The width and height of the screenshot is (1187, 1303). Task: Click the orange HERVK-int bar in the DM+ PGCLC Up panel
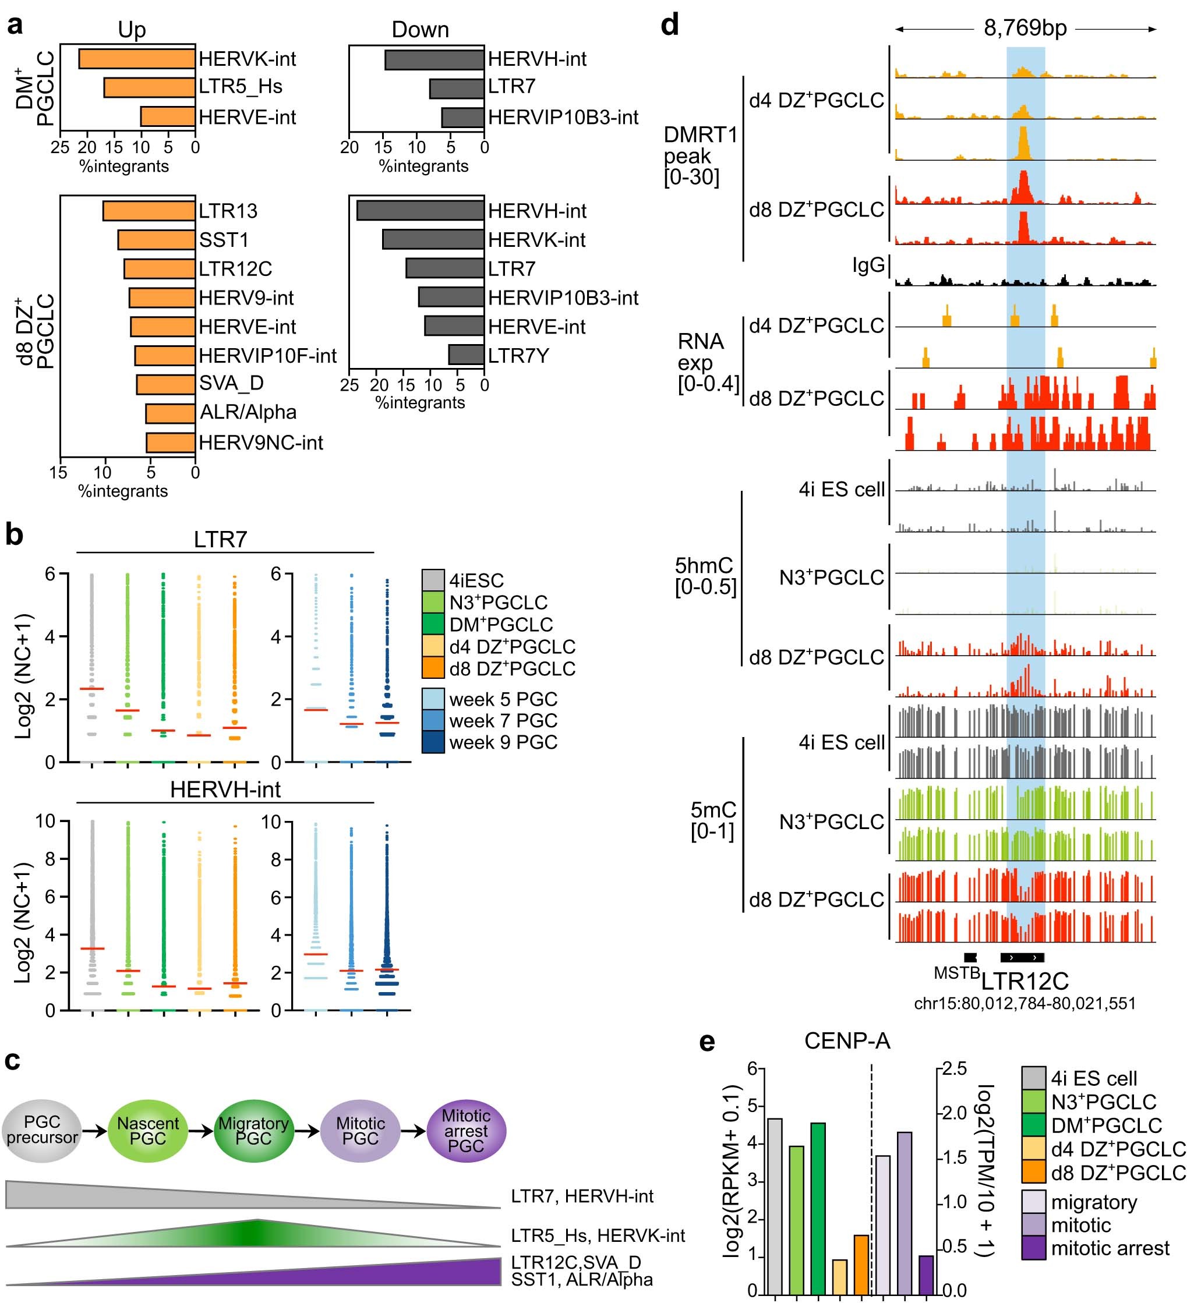136,59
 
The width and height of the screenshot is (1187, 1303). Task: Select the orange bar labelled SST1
157,240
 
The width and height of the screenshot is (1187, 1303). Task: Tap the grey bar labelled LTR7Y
465,355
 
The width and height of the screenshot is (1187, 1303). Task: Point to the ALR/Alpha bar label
248,412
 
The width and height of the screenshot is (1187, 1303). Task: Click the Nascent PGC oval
147,1131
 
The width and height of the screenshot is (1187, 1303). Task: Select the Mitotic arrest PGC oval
465,1131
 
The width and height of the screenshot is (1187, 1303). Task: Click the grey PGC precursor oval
42,1131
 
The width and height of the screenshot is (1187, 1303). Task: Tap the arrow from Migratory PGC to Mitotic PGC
307,1131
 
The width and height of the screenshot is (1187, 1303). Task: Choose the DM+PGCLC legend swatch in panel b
433,624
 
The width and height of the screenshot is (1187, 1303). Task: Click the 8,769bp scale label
1025,29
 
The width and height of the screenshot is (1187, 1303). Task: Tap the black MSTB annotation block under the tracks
970,957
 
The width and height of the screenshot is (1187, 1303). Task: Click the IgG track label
868,264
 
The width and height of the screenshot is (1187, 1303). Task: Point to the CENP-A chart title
846,1040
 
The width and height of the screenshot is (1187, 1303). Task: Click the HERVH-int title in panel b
225,789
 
